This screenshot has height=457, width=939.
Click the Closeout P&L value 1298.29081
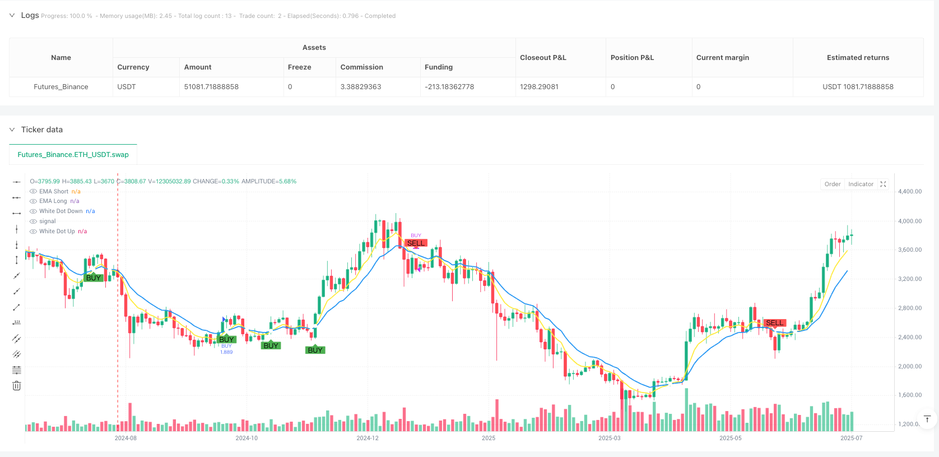pos(539,87)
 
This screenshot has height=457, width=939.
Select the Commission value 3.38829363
pos(361,87)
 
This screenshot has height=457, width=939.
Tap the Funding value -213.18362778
pos(449,87)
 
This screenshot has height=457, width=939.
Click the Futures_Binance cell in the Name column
pos(61,87)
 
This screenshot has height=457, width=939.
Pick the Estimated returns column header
pos(858,58)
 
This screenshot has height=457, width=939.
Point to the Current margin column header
pos(722,58)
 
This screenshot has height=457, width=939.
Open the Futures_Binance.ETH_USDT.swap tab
pos(73,155)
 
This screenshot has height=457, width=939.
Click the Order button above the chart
pos(832,184)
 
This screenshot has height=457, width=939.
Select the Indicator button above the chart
pos(861,184)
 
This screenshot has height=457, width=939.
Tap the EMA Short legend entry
pos(54,192)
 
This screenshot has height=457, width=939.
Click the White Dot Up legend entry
pos(57,232)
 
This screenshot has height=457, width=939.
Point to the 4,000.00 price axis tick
pos(909,221)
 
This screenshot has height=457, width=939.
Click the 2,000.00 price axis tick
pos(909,366)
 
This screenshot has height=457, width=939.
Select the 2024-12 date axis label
pos(368,438)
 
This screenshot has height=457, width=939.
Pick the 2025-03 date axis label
pos(609,438)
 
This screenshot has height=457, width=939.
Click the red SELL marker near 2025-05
pos(774,323)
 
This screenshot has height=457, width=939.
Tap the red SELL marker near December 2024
pos(416,243)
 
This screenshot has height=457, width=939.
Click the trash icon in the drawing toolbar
pos(17,386)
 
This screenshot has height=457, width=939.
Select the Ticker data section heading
pos(42,130)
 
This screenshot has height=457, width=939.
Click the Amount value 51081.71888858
pos(211,87)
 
